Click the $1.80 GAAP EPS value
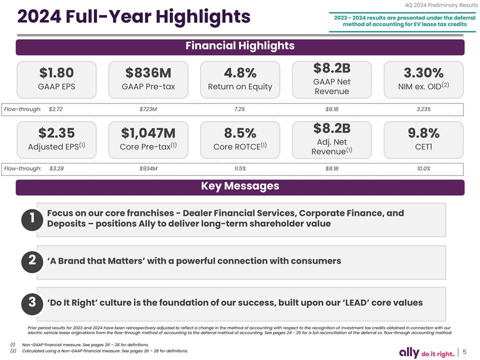point(56,73)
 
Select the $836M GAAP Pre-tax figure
point(148,73)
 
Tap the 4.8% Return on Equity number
point(240,73)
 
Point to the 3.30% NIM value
point(423,73)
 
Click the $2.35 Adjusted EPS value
point(56,133)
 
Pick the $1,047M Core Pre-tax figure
point(148,133)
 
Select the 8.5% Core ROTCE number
point(240,133)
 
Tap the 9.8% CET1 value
point(423,133)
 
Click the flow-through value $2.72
point(55,109)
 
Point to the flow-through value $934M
point(148,168)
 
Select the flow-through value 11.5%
point(240,168)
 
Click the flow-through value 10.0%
point(423,168)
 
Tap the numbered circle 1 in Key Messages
point(31,218)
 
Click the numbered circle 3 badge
point(31,302)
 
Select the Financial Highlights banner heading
point(240,46)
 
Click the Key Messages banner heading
point(240,186)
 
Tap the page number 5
point(465,352)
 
